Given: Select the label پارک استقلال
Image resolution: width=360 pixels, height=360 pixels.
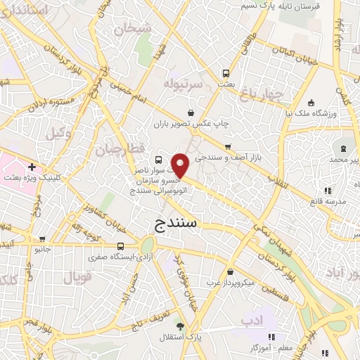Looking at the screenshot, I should [x=207, y=337].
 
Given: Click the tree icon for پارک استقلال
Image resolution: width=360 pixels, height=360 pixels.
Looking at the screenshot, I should [x=181, y=326].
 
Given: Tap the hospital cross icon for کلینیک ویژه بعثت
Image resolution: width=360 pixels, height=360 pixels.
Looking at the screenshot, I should [x=32, y=167].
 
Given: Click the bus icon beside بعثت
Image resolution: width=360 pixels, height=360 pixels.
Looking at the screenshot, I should [x=226, y=72].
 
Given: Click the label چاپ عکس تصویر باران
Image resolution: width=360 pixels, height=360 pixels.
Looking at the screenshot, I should [x=191, y=124].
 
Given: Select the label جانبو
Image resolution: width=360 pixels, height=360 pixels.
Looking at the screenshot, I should [x=44, y=249].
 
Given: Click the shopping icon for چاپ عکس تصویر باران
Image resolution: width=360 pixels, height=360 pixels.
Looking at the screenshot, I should [x=191, y=112].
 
